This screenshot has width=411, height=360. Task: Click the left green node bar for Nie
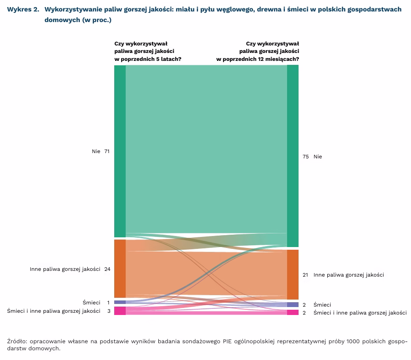pos(120,151)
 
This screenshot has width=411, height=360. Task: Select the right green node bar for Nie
pos(293,156)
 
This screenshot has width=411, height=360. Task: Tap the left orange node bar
pos(120,268)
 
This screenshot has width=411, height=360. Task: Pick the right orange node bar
pos(293,274)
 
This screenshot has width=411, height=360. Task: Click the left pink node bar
pos(120,311)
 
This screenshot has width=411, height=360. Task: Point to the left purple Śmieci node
pos(120,302)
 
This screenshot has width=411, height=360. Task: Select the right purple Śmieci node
pos(293,304)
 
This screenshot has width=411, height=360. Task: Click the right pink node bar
pos(293,312)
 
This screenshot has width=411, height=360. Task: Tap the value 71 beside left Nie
pos(107,151)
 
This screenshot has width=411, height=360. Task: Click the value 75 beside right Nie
pos(306,157)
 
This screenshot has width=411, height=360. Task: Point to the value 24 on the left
pos(107,269)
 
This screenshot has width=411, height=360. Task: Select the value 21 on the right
pos(305,275)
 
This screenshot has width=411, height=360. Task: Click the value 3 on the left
pos(108,311)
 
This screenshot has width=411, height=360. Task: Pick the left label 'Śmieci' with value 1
pos(91,303)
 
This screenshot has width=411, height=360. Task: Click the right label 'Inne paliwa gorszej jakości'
pos(348,275)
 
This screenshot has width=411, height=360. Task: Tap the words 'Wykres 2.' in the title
pos(23,9)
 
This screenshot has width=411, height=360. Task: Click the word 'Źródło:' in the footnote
pos(17,341)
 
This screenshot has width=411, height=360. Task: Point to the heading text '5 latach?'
pos(169,59)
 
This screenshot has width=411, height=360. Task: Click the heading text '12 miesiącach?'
pos(280,59)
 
